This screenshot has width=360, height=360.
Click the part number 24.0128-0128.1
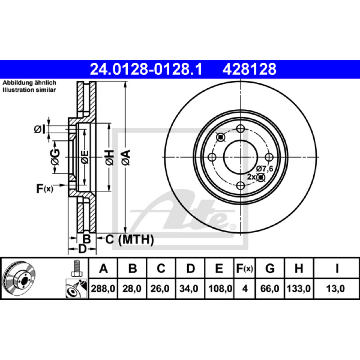click(x=146, y=69)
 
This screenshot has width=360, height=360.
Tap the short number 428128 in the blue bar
click(x=249, y=69)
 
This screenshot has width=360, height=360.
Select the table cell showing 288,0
click(x=103, y=288)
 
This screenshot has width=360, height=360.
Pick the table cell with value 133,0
click(x=299, y=288)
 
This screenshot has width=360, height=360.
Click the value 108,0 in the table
click(x=220, y=288)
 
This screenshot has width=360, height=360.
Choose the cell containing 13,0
click(x=335, y=288)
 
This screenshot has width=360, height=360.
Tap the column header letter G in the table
click(x=270, y=268)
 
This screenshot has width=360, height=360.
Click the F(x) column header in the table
click(x=244, y=268)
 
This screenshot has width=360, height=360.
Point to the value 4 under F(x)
click(x=245, y=288)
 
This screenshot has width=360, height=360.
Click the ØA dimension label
click(x=126, y=157)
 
